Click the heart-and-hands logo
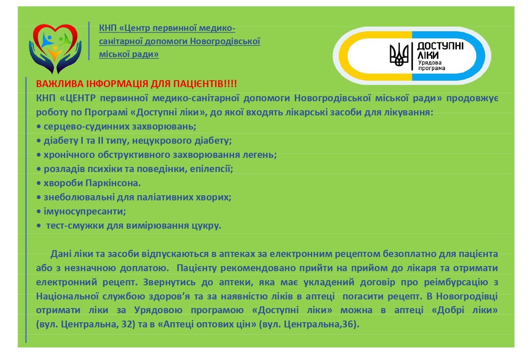[x=55, y=49]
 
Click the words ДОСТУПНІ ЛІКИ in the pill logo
[x=440, y=51]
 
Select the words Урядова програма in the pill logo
[x=431, y=66]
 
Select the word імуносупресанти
[x=85, y=212]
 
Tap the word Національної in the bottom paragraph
[x=67, y=296]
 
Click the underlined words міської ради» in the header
[x=129, y=54]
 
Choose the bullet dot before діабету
[x=39, y=141]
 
